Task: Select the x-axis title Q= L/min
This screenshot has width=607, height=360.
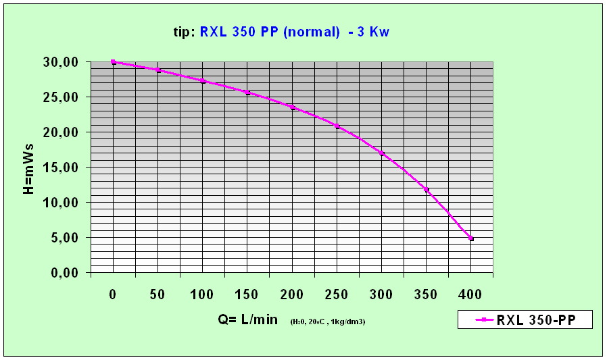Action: click(x=247, y=319)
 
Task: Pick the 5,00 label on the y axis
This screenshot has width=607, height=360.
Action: click(x=65, y=238)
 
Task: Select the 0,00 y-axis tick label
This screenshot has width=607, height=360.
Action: click(x=65, y=273)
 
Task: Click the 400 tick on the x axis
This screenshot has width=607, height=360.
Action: click(x=471, y=294)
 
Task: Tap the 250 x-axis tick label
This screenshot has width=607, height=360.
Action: click(x=337, y=294)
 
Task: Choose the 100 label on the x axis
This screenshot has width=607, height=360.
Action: click(x=203, y=294)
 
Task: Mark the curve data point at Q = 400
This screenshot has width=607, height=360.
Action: click(x=471, y=238)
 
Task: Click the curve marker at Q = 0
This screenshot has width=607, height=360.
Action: click(x=113, y=62)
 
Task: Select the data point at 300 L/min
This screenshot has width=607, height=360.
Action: click(x=382, y=153)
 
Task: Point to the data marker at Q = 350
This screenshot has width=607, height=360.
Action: click(x=427, y=190)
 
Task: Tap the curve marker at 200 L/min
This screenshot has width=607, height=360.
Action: click(x=292, y=107)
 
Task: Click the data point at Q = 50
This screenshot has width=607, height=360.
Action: click(x=157, y=70)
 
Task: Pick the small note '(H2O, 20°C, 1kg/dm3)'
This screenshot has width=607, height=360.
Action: click(x=328, y=322)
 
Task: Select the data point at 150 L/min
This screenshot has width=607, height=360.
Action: click(x=247, y=93)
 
